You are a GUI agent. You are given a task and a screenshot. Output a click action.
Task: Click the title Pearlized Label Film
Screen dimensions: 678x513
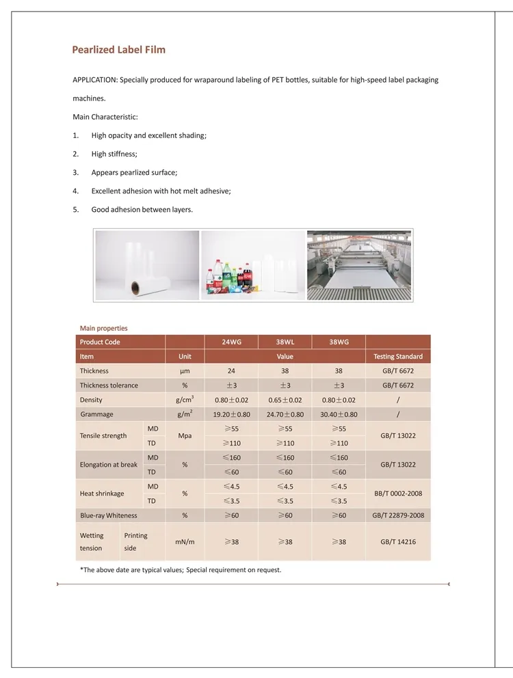point(119,50)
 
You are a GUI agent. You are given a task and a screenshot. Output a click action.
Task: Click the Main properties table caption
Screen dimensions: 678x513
point(103,328)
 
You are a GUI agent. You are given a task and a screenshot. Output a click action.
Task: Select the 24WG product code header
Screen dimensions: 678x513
point(231,342)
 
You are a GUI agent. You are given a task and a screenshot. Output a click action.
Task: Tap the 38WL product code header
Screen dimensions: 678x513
point(285,342)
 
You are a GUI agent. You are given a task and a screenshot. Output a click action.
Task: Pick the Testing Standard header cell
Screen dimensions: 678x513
point(397,356)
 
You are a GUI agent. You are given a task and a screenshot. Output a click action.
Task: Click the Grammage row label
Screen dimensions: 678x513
point(96,414)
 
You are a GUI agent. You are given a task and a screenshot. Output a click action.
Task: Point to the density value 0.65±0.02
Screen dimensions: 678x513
point(285,400)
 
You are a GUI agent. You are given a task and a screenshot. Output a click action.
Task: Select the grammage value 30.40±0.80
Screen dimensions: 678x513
point(338,414)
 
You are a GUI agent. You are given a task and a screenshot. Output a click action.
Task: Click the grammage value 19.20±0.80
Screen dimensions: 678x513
point(231,414)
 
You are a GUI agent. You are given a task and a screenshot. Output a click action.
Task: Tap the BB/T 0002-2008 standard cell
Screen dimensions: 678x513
point(397,493)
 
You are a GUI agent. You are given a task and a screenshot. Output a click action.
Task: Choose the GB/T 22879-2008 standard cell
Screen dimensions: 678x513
point(397,515)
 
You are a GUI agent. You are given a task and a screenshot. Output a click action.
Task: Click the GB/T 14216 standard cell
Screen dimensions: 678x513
point(397,541)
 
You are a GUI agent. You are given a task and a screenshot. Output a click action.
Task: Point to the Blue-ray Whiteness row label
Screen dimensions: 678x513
point(108,515)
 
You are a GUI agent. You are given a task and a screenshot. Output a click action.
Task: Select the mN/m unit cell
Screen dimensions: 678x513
point(185,541)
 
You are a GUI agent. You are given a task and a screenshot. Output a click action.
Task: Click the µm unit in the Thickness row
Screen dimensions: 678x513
point(185,371)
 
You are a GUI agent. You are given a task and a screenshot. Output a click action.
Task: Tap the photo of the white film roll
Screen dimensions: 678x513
point(147,265)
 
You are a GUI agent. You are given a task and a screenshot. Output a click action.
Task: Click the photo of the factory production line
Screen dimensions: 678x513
point(359,265)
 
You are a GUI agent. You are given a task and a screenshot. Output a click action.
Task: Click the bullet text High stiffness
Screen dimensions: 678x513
point(114,154)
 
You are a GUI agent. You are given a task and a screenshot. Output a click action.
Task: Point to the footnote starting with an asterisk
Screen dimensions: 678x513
point(181,569)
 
